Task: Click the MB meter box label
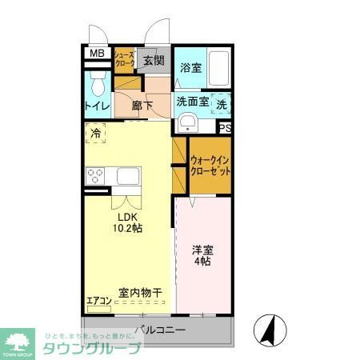point(96,54)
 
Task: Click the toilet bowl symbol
point(98,82)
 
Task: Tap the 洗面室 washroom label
point(192,102)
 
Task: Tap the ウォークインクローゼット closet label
point(210,166)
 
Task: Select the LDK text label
point(128,217)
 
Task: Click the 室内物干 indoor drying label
point(140,292)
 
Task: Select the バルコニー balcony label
point(160,328)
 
